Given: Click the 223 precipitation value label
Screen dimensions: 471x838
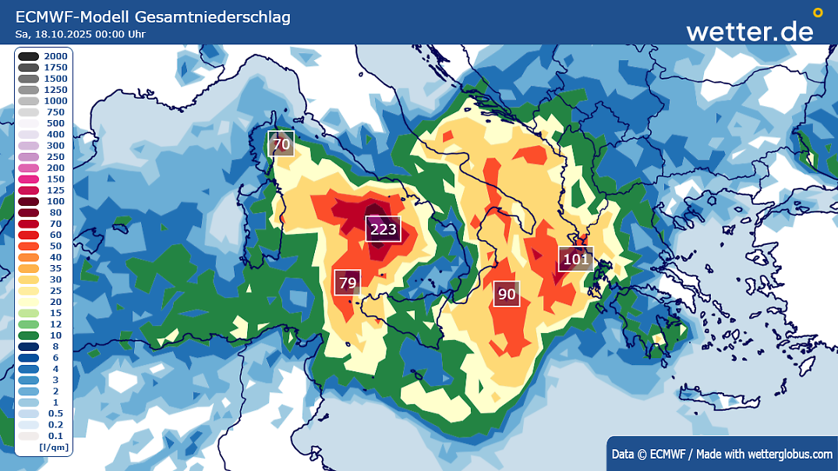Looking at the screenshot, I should coord(383,229).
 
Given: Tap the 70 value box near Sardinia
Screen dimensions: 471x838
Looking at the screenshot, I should coord(281,144).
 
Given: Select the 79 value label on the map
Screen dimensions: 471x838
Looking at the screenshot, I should coord(348,282).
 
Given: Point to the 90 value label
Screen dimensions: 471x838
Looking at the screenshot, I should coord(507,294).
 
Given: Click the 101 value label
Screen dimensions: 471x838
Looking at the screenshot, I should coord(575,260).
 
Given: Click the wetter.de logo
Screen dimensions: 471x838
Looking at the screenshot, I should coord(749,30).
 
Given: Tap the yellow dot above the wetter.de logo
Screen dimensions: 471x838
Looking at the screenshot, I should coord(817,12).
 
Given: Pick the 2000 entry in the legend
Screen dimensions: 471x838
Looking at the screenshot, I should coord(43,56).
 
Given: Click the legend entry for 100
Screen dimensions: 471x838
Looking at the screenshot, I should coord(43,201).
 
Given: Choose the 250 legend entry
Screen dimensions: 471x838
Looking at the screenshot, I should coord(43,157).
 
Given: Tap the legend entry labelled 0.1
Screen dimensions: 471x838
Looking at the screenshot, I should coord(43,436).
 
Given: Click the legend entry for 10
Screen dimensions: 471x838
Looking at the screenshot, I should coord(43,335).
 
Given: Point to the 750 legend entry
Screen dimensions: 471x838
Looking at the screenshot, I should coord(43,112).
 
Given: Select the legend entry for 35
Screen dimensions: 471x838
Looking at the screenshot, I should coord(43,268).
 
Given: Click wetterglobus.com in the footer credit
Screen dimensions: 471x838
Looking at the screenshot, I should coord(789,454).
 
